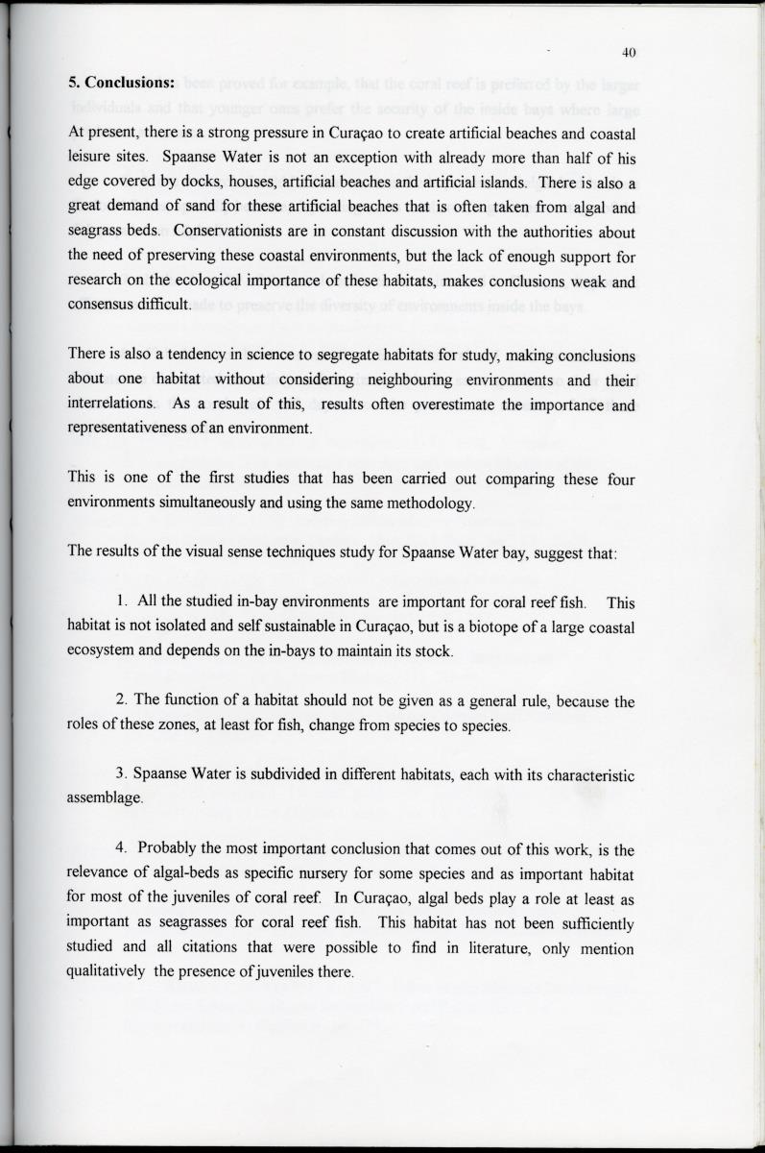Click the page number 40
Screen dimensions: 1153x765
point(629,52)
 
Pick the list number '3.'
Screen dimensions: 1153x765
point(122,773)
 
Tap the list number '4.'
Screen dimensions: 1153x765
point(123,849)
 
